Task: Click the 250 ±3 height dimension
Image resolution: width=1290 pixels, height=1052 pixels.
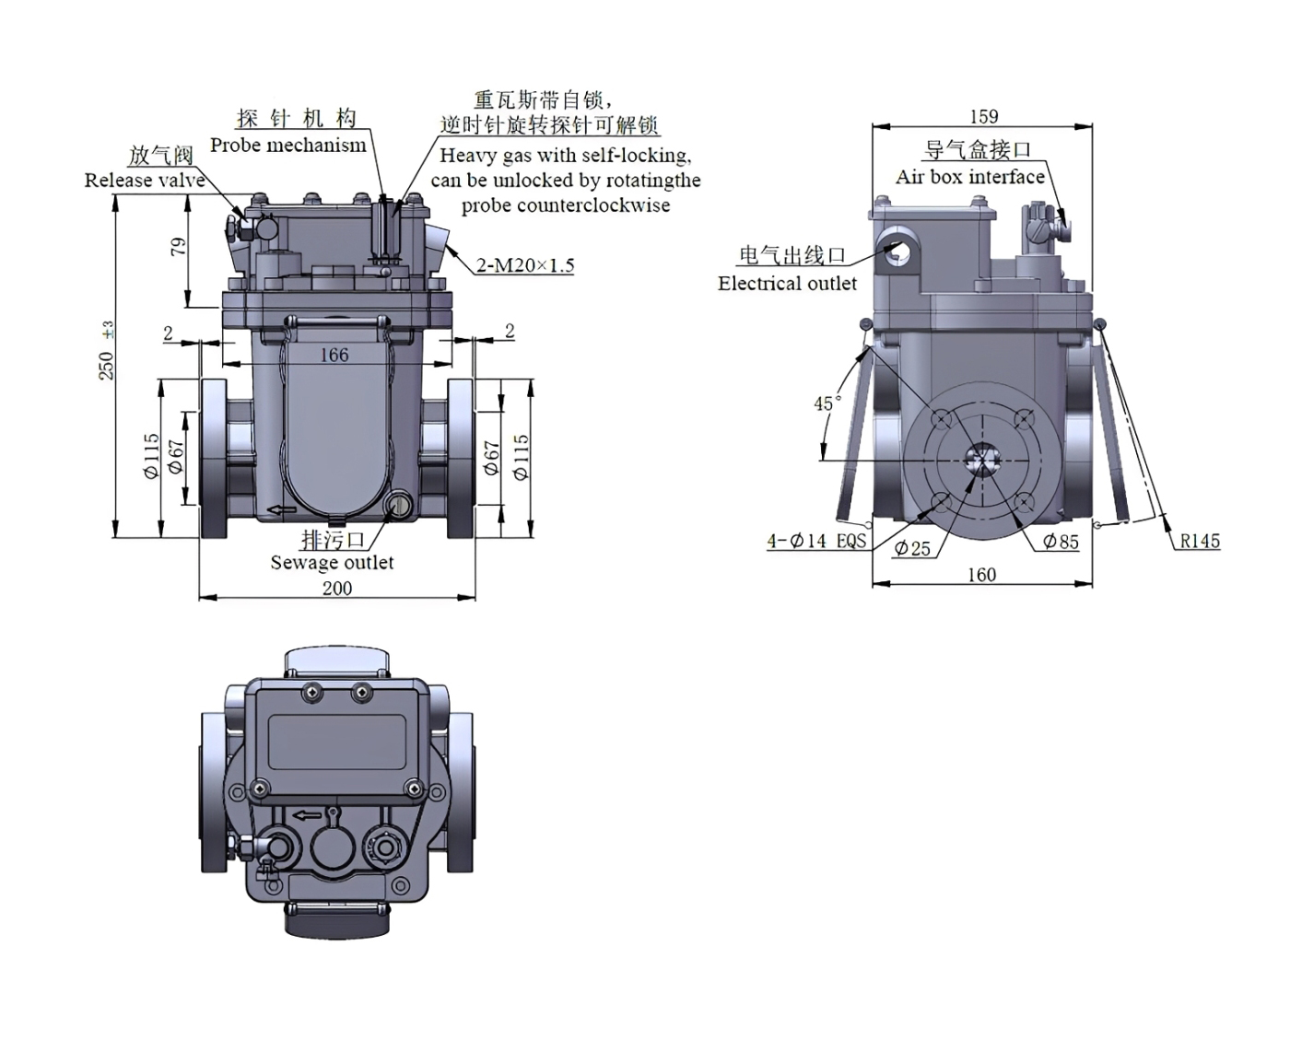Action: click(x=107, y=356)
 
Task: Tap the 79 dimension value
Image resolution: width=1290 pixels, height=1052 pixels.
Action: click(x=178, y=246)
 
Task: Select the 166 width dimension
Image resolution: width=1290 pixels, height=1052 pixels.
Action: click(x=334, y=355)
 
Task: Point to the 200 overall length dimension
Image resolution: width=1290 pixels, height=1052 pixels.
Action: click(x=336, y=588)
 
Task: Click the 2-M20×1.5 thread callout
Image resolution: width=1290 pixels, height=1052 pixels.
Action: click(x=525, y=265)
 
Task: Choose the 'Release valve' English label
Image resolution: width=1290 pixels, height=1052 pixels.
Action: click(x=145, y=181)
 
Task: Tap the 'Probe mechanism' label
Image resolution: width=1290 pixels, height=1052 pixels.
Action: click(x=287, y=145)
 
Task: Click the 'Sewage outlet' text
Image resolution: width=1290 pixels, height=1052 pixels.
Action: click(x=332, y=562)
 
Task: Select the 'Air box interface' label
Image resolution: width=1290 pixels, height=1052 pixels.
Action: click(x=970, y=176)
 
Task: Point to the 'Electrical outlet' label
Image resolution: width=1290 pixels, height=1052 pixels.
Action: click(x=787, y=284)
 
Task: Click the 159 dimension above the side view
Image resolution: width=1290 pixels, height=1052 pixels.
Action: click(x=983, y=116)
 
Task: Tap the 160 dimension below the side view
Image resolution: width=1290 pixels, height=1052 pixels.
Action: click(x=981, y=575)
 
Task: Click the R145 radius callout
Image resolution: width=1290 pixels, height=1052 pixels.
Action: click(x=1200, y=541)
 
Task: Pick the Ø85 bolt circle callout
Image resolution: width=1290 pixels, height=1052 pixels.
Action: click(x=1061, y=542)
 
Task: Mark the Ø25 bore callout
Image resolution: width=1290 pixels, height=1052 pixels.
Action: click(x=912, y=548)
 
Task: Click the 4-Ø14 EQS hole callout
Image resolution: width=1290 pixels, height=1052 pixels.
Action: click(x=816, y=541)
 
